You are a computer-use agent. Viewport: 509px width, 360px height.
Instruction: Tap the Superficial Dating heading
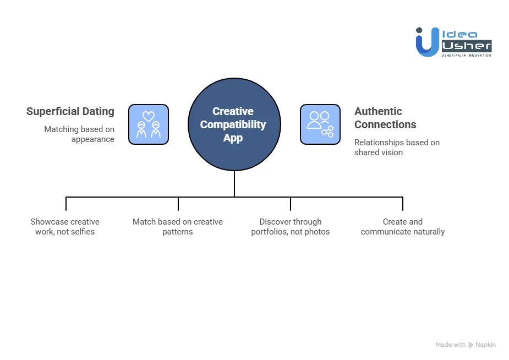(x=70, y=112)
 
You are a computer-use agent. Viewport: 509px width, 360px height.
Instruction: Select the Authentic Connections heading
(x=385, y=118)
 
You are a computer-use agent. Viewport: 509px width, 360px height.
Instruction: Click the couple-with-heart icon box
(x=149, y=125)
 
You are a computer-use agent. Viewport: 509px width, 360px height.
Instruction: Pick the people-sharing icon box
(x=320, y=125)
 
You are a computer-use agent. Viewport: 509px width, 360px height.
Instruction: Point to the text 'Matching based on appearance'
(x=80, y=134)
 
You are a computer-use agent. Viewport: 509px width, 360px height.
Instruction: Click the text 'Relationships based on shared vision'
(x=396, y=148)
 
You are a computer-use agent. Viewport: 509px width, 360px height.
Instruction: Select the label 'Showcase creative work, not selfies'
(x=65, y=227)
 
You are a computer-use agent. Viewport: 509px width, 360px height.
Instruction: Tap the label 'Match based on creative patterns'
(x=178, y=227)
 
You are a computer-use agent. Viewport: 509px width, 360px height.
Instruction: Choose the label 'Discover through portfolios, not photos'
(x=291, y=227)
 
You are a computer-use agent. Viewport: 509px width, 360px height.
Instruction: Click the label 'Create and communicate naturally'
(x=403, y=227)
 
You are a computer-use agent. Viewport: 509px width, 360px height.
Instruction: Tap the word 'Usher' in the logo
(x=466, y=46)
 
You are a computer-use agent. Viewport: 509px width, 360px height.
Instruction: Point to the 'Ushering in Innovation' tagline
(x=466, y=55)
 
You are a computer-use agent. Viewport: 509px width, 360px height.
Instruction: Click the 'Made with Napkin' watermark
(x=466, y=345)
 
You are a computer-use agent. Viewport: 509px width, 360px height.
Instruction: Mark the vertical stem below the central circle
(x=234, y=183)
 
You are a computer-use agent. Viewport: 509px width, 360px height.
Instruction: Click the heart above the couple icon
(x=149, y=116)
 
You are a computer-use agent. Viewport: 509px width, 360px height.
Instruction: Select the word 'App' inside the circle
(x=233, y=138)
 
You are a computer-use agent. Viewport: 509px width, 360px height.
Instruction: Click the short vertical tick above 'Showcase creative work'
(x=66, y=204)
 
